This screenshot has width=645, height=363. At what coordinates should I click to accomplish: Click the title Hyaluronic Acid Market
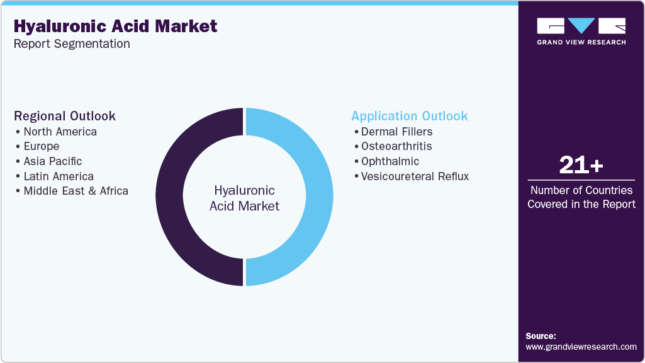pos(115,26)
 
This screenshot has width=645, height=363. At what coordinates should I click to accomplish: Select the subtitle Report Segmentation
pos(72,44)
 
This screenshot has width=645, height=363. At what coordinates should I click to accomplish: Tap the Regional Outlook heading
pos(65,116)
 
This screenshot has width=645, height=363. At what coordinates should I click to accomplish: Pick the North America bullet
pos(60,132)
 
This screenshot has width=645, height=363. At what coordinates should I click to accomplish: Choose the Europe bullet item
pos(41,146)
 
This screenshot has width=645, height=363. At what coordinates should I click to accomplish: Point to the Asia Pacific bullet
pos(52,161)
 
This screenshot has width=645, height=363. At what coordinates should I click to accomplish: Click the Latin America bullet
pos(59,176)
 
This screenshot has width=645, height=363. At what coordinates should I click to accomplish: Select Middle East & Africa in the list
pos(76,191)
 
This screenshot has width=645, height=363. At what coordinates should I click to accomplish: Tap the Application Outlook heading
pos(410,116)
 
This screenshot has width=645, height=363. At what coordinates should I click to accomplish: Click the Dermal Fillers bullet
pos(396,132)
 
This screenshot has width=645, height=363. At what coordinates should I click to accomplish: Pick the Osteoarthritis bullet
pos(396,146)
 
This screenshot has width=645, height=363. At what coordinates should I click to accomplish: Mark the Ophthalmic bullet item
pos(390,161)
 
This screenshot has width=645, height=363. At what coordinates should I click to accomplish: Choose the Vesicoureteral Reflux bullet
pos(415,176)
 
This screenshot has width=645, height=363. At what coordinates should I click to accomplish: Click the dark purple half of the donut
pos(169,197)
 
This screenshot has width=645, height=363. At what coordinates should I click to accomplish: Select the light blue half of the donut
pos(320,197)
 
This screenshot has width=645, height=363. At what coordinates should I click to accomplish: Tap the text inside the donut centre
pos(244,198)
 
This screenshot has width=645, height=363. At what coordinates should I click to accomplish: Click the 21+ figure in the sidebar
pos(581,166)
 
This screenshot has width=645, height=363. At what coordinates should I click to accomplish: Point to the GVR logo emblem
pos(581,26)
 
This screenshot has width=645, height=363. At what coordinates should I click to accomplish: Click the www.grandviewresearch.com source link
pos(581,347)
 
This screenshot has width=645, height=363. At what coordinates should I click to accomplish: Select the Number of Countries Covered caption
pos(581,197)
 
